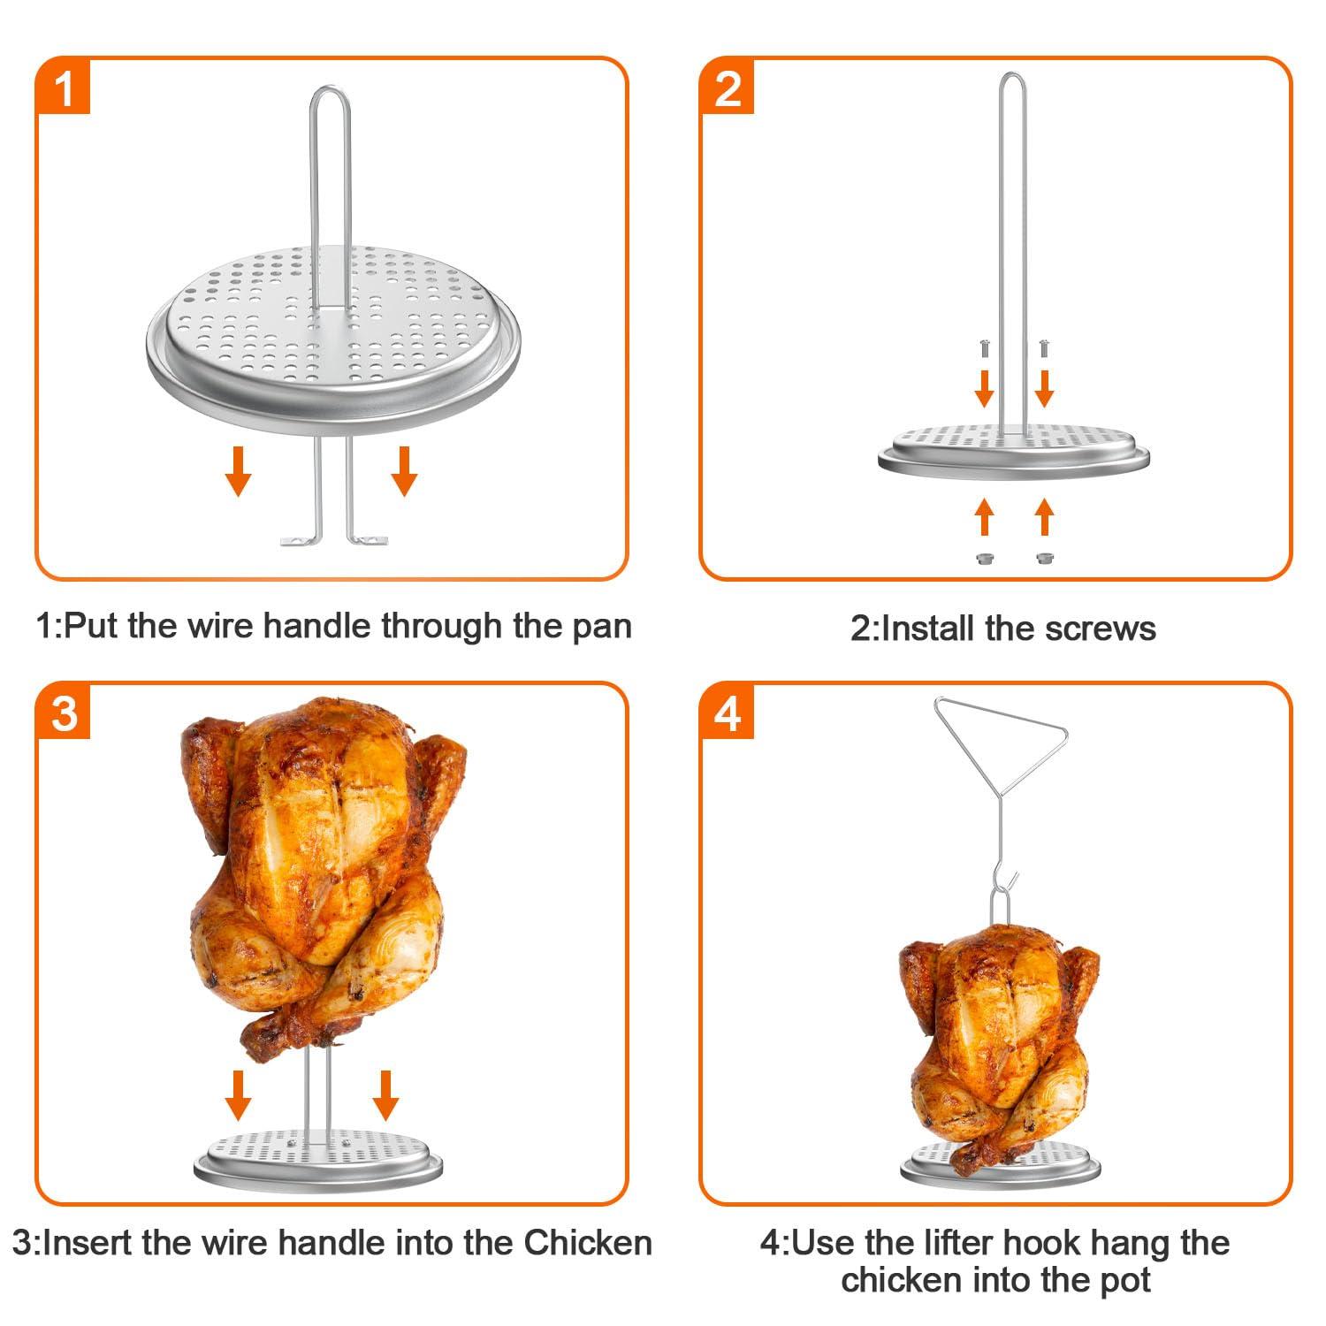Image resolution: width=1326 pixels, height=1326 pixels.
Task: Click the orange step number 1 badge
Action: (x=64, y=88)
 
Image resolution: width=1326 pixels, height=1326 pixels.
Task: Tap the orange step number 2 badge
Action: (x=727, y=88)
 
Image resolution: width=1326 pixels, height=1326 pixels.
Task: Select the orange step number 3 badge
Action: (x=64, y=713)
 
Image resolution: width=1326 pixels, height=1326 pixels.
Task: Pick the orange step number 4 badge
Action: (x=727, y=713)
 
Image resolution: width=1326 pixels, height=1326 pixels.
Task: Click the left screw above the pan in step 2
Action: (x=983, y=348)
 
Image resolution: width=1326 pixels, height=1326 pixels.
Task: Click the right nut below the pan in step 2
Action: (x=1044, y=558)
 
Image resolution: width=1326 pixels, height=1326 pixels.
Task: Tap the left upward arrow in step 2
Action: (x=984, y=517)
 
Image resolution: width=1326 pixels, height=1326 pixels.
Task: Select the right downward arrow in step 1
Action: (x=404, y=470)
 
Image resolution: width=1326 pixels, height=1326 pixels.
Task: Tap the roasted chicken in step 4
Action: (x=999, y=1043)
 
